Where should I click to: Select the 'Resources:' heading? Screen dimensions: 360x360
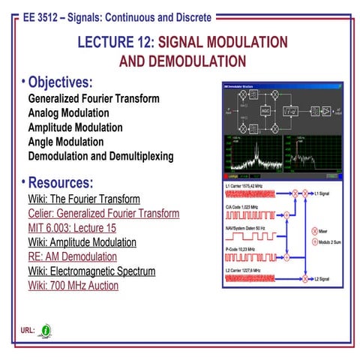pyautogui.click(x=60, y=182)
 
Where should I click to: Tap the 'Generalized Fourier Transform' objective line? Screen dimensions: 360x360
pyautogui.click(x=93, y=98)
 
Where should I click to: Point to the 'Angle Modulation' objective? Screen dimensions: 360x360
pyautogui.click(x=66, y=142)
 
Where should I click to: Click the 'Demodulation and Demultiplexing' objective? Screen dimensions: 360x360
pyautogui.click(x=100, y=156)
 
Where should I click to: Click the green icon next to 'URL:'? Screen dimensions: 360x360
pyautogui.click(x=46, y=330)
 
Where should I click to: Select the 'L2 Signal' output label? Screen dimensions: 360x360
pyautogui.click(x=325, y=279)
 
